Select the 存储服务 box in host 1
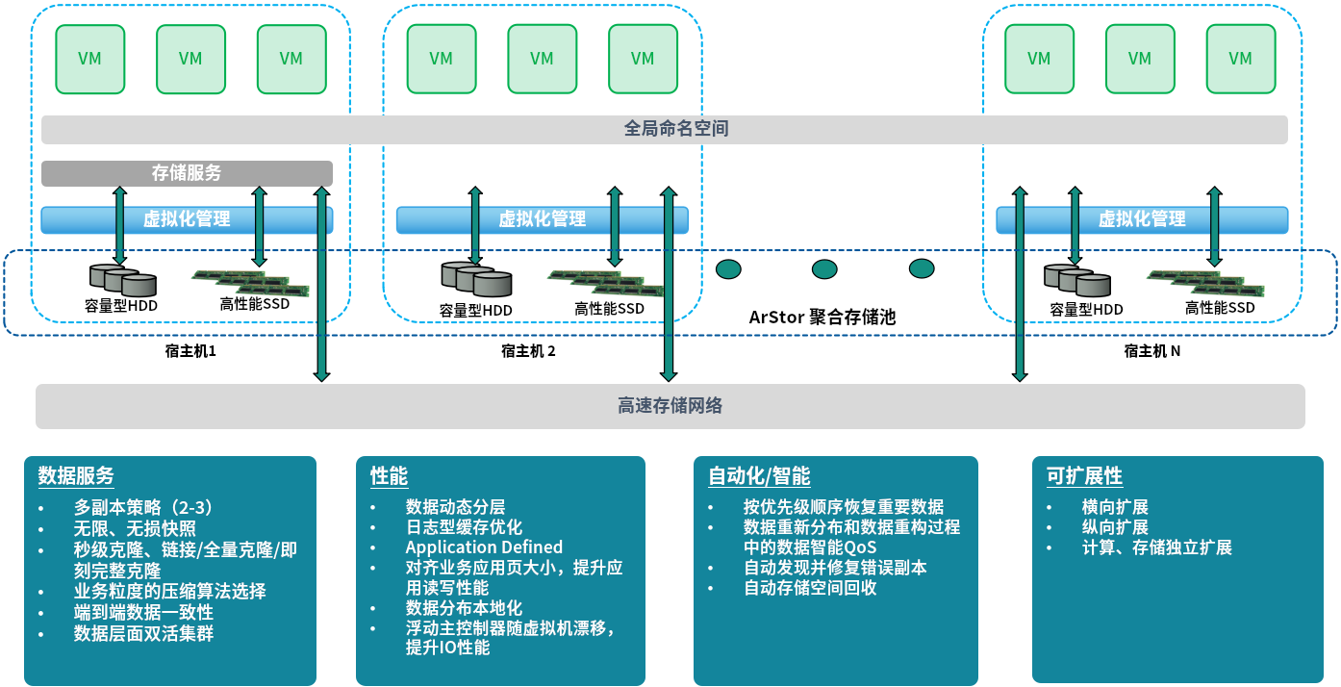187,173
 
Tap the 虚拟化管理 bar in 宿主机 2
542,219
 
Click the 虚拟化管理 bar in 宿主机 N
1142,219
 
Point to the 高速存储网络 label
670,406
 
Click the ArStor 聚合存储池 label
822,317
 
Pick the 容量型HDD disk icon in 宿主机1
122,280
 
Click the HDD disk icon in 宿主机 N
1076,280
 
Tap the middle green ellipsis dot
824,269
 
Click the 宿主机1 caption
190,351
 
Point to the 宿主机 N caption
1151,351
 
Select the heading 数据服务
76,476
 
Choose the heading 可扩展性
1084,476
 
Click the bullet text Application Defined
484,547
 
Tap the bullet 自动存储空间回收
810,588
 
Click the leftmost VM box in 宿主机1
89,59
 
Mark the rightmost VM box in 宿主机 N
1240,59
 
